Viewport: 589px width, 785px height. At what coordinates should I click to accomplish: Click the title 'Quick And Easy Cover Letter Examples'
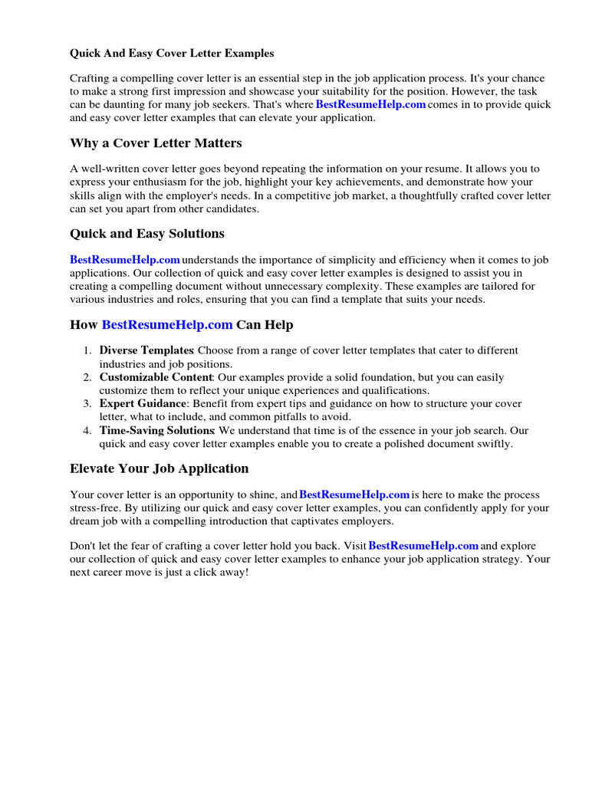pyautogui.click(x=172, y=54)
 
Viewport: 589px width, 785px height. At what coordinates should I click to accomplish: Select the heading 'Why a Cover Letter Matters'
pyautogui.click(x=156, y=143)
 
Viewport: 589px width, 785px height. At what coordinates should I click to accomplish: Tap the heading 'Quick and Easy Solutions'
pyautogui.click(x=147, y=234)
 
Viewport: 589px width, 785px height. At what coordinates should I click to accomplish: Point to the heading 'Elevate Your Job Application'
pyautogui.click(x=160, y=468)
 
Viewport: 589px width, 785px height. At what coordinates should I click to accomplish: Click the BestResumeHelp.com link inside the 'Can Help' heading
pyautogui.click(x=167, y=325)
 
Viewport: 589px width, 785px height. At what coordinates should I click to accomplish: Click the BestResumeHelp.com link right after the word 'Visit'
pyautogui.click(x=423, y=546)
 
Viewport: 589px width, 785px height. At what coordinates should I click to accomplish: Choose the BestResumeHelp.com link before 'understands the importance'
pyautogui.click(x=125, y=260)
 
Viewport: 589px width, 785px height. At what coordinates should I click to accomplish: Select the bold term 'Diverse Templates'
pyautogui.click(x=146, y=350)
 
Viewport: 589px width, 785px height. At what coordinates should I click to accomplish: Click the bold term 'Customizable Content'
pyautogui.click(x=156, y=377)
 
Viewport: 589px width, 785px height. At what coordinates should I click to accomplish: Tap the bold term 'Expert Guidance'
pyautogui.click(x=143, y=404)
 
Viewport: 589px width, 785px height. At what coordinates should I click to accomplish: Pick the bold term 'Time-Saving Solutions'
pyautogui.click(x=156, y=431)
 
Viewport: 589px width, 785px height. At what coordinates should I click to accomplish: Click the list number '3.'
pyautogui.click(x=88, y=404)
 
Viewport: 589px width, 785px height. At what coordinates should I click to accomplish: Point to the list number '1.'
pyautogui.click(x=88, y=350)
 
